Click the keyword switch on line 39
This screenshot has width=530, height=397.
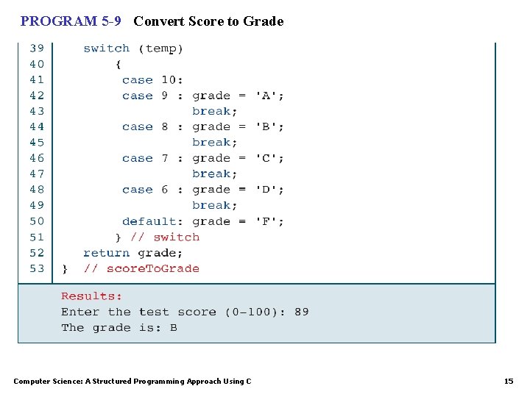pos(106,49)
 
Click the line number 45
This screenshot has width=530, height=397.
pos(37,143)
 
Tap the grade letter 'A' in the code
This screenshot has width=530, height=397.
pos(269,96)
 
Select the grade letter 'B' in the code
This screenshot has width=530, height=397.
pos(269,126)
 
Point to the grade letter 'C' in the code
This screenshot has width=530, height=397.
pos(269,158)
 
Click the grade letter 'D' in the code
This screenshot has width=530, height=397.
pos(269,190)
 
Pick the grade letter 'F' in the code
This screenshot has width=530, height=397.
pos(269,221)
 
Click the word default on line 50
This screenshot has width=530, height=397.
pos(149,221)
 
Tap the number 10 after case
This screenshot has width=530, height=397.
pos(169,80)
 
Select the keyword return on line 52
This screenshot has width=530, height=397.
pos(106,253)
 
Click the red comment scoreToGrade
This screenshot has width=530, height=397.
pos(152,268)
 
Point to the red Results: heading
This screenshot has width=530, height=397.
pos(91,296)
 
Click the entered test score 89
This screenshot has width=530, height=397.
pos(302,312)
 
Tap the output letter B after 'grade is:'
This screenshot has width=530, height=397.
pos(173,328)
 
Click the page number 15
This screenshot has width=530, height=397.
pos(508,381)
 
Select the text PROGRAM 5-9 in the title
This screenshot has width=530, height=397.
pos(71,21)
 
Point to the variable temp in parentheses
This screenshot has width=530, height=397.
pos(164,49)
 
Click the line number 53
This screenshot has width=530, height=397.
pos(37,268)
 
